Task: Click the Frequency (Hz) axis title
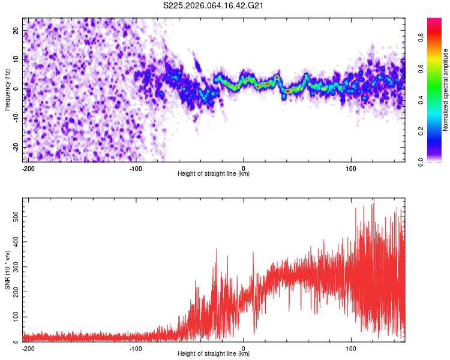[7, 89]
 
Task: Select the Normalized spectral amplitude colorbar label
[446, 89]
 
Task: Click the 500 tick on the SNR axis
[14, 215]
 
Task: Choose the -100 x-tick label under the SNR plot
[136, 349]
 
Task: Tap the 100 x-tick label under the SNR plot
[351, 349]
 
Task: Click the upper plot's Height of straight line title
[214, 174]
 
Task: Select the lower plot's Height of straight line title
[214, 354]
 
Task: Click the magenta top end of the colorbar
[434, 20]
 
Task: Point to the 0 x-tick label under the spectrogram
[244, 169]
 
